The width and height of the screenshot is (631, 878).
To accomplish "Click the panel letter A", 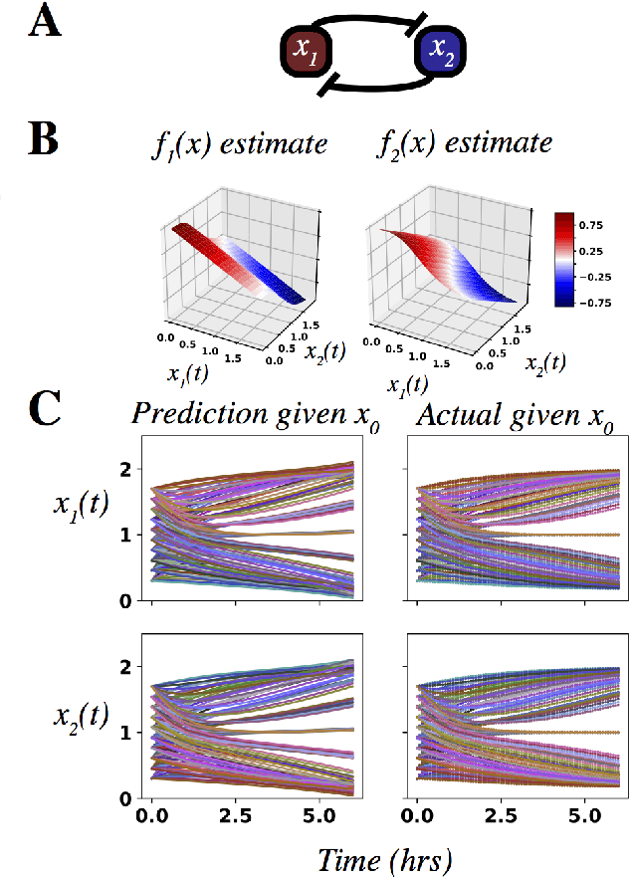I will click(44, 23).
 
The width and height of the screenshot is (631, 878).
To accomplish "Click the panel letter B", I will click(45, 141).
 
